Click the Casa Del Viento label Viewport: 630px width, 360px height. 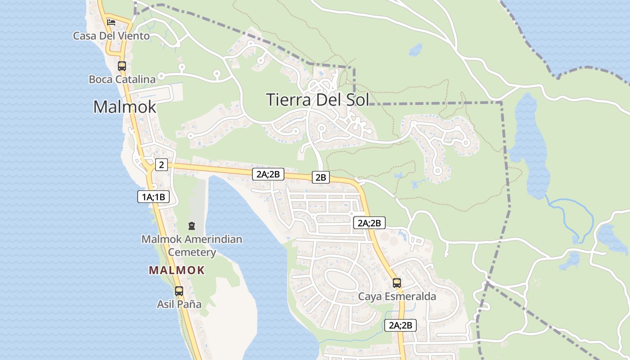pyautogui.click(x=111, y=36)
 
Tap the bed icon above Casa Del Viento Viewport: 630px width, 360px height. pyautogui.click(x=111, y=22)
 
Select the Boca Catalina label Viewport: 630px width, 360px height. pyautogui.click(x=122, y=79)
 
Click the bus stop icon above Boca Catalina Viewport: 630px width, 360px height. pyautogui.click(x=121, y=66)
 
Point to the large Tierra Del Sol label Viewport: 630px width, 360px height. pyautogui.click(x=317, y=99)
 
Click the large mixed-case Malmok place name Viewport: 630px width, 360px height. pyautogui.click(x=125, y=107)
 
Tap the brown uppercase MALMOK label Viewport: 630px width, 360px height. pyautogui.click(x=177, y=270)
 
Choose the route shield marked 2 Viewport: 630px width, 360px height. pyautogui.click(x=162, y=165)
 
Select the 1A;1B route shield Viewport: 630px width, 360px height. pyautogui.click(x=153, y=197)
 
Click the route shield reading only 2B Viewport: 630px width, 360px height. pyautogui.click(x=320, y=177)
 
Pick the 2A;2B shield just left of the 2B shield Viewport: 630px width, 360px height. pyautogui.click(x=268, y=174)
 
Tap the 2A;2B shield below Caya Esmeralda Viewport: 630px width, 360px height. pyautogui.click(x=400, y=325)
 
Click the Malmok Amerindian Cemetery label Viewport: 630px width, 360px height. pyautogui.click(x=192, y=245)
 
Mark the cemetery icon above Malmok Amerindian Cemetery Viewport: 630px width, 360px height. pyautogui.click(x=192, y=225)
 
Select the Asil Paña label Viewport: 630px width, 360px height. pyautogui.click(x=179, y=304)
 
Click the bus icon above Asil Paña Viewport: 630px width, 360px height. pyautogui.click(x=179, y=291)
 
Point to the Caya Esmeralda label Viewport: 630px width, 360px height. pyautogui.click(x=397, y=297)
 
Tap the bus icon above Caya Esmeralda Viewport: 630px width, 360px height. pyautogui.click(x=396, y=283)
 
